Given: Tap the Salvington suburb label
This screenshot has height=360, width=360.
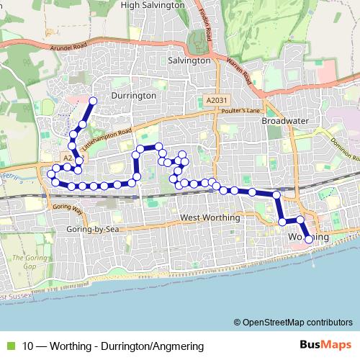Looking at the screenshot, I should (x=189, y=61).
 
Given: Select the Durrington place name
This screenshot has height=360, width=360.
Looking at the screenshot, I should (x=134, y=95).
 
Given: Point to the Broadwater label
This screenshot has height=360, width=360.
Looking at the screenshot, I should (x=284, y=121).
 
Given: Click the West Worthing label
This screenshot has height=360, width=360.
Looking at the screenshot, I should (x=209, y=217).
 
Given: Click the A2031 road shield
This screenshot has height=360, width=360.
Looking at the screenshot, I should (x=215, y=101).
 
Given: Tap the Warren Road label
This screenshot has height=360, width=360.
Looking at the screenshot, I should (x=237, y=68).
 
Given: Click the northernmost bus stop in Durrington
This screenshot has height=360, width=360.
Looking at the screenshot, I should (x=92, y=100).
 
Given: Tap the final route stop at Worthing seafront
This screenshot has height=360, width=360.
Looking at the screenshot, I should (x=309, y=239).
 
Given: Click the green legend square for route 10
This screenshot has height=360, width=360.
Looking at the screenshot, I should (x=9, y=346).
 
